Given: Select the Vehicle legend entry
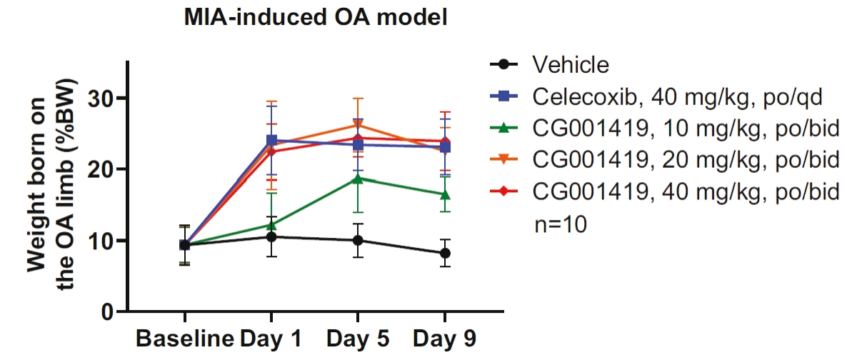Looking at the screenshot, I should (571, 65).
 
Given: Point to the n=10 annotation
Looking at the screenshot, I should (561, 225).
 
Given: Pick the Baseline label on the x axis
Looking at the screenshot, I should (185, 339).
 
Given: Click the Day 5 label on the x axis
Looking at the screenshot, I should (358, 339).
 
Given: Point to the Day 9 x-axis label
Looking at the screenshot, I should (444, 339).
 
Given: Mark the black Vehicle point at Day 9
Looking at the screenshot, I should (444, 253).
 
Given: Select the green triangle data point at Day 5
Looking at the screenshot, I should (358, 179).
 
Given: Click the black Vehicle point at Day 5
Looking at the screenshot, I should (358, 240).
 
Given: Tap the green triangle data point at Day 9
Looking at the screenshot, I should (444, 194).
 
